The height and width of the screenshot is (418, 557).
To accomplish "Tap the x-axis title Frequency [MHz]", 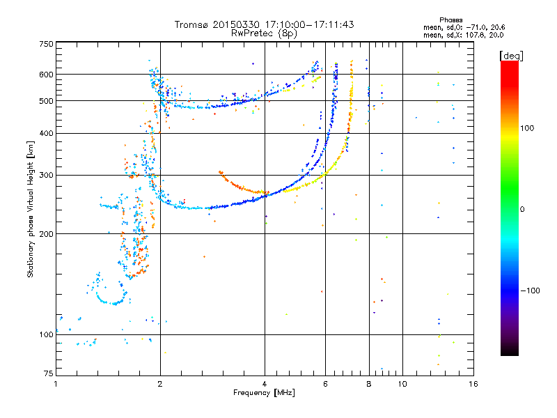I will [x=264, y=393].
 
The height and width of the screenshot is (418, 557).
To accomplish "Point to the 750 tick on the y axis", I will [x=45, y=44].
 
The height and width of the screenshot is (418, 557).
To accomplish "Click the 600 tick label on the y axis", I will [x=45, y=75].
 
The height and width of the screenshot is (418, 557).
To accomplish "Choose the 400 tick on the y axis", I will [x=45, y=133].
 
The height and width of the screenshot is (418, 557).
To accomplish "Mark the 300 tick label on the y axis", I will [x=45, y=175].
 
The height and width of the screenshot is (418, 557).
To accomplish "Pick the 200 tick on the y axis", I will [x=45, y=234].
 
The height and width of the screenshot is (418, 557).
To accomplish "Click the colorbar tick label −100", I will [x=530, y=291].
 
